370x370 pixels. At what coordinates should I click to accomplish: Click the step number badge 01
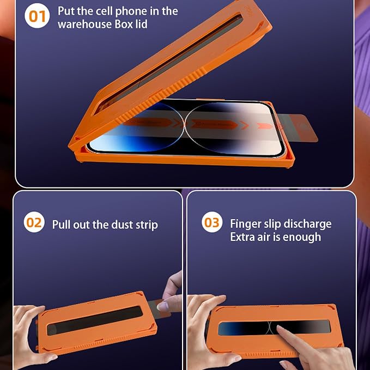37,16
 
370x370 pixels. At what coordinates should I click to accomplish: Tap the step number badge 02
34,222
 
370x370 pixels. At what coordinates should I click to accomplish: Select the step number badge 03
212,222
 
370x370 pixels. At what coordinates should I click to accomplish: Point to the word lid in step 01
141,24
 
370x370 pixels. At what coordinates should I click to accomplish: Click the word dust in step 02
122,225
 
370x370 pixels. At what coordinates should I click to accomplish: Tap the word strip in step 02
147,225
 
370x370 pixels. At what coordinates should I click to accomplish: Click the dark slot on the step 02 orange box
95,320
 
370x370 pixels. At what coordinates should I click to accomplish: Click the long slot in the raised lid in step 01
169,64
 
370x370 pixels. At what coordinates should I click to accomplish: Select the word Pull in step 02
62,225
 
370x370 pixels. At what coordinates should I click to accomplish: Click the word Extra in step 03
242,237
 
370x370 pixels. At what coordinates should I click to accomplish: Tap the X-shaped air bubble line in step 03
270,327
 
